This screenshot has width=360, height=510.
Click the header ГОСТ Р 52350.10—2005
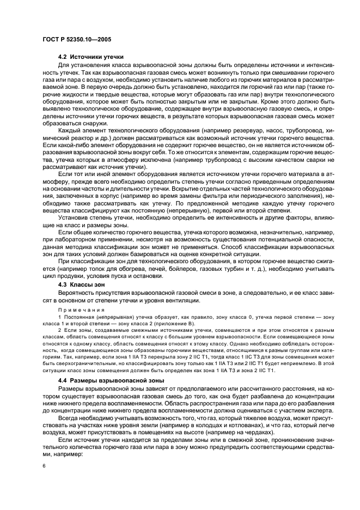pyautogui.click(x=77, y=39)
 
